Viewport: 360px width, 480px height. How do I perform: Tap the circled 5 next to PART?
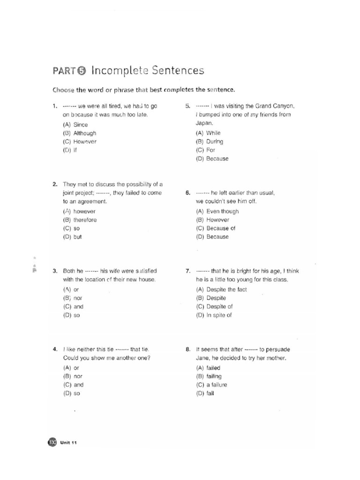click(82, 71)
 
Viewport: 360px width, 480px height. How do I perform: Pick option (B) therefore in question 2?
click(79, 220)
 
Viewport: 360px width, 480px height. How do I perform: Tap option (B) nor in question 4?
click(72, 376)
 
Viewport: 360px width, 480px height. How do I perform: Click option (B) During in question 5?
click(209, 142)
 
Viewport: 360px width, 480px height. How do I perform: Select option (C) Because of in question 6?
click(215, 228)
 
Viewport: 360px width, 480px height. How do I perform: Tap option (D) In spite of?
click(214, 315)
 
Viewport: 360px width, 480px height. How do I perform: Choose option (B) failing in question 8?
click(209, 376)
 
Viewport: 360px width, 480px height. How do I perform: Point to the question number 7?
click(187, 271)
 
